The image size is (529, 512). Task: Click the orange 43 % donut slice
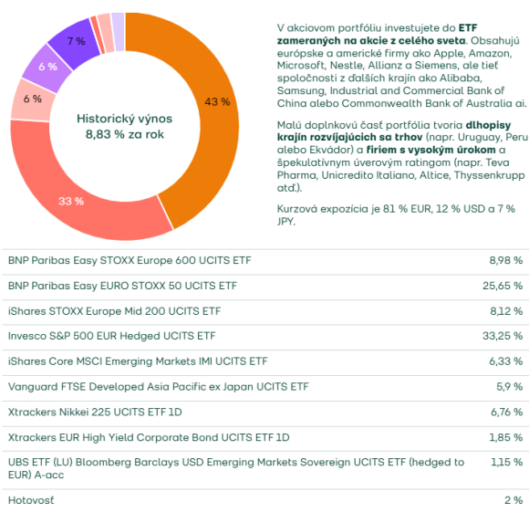tap(216, 101)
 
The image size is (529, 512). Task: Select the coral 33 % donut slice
tap(71, 202)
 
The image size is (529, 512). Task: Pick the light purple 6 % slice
tap(47, 67)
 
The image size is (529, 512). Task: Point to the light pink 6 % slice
tap(33, 99)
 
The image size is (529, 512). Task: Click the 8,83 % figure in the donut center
tap(105, 134)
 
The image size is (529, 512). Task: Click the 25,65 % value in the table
tap(503, 286)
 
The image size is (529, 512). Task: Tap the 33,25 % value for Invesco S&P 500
tap(503, 336)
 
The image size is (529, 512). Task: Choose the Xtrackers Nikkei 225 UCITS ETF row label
tap(95, 413)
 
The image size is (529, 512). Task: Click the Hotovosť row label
tap(31, 500)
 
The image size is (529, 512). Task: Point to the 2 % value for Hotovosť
tap(513, 500)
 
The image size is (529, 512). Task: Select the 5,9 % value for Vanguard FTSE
tap(510, 386)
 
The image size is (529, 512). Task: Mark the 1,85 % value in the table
tap(505, 437)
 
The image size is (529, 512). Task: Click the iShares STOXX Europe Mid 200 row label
tap(114, 311)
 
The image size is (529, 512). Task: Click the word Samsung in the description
tap(301, 90)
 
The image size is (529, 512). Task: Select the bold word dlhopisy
tap(488, 125)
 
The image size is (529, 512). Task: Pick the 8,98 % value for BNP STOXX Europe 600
tap(505, 260)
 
